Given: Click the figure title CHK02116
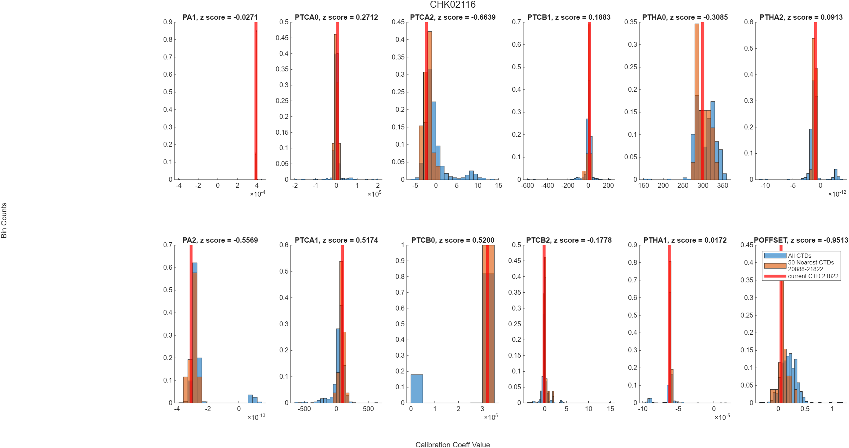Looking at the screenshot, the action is pos(452,5).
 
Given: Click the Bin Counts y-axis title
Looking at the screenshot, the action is pos(4,220).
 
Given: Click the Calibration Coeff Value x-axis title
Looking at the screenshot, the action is pos(452,444).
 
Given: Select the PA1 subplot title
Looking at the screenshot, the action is pos(220,17).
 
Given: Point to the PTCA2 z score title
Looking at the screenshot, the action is pos(452,17).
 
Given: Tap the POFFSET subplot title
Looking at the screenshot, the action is pos(801,240).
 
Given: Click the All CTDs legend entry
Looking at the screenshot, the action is pos(799,256).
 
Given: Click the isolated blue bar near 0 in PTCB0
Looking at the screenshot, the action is pos(417,389).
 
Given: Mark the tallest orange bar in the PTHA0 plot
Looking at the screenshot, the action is pos(697,102).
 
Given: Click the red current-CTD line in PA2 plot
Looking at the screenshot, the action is pos(191,324).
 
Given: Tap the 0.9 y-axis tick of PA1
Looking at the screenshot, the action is pos(168,22).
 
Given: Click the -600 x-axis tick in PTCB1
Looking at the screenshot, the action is pos(527,185).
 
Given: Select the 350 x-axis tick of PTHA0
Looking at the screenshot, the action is pos(722,185).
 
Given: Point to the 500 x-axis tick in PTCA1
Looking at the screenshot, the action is pos(368,409).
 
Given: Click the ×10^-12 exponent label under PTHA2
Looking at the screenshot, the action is pos(837,193).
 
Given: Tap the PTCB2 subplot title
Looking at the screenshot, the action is pos(569,240).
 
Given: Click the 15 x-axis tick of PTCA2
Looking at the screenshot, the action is pos(498,185).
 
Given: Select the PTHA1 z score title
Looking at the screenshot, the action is pos(685,240).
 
